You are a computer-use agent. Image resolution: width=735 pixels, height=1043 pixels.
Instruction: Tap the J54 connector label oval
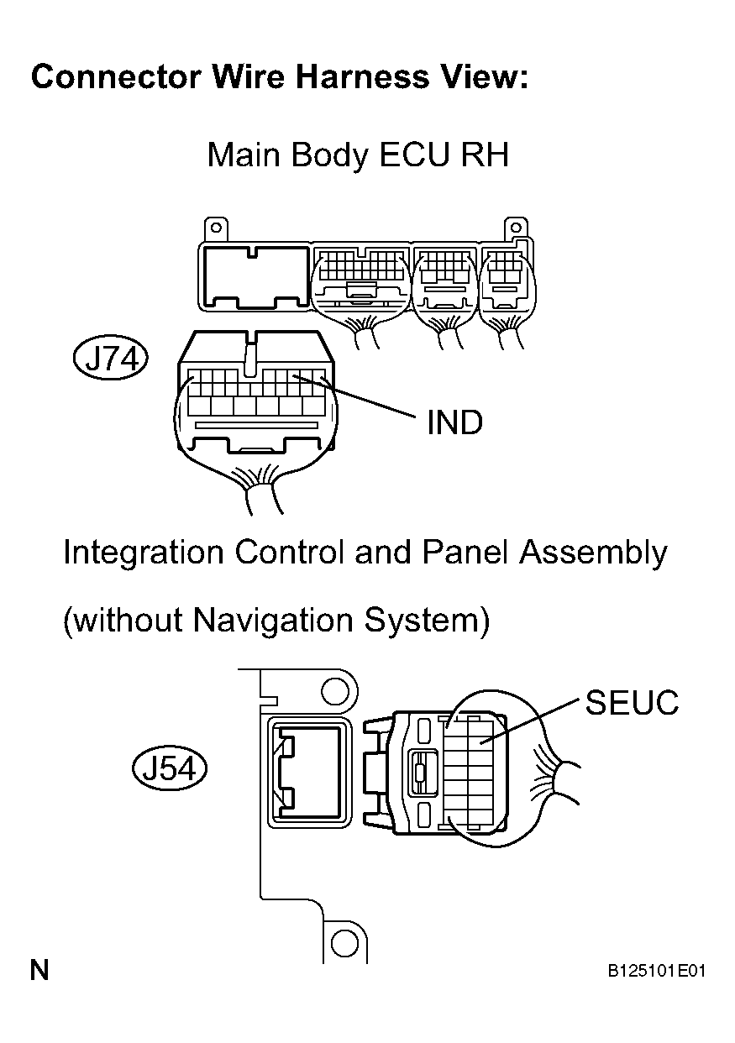170,768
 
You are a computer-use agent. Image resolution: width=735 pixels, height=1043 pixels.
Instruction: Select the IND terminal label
455,422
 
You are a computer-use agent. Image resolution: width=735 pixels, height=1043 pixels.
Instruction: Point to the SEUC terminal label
632,703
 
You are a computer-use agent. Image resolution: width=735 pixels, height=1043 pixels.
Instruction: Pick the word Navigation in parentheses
272,621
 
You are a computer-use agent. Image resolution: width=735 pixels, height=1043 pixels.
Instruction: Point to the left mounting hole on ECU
216,228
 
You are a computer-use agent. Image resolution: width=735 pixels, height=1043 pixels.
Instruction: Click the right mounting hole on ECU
516,228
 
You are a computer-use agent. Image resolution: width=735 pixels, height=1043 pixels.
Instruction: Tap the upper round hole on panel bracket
335,694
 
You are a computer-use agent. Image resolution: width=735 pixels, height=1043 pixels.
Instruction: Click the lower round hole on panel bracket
345,943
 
